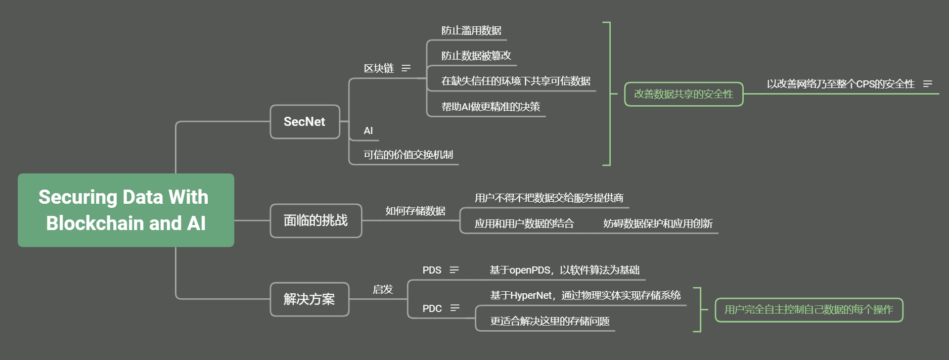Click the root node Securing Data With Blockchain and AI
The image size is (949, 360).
126,210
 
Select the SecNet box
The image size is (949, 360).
304,122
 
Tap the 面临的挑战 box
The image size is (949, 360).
315,220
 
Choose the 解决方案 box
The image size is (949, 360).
309,299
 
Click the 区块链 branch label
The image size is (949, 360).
379,68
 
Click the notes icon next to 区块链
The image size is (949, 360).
406,68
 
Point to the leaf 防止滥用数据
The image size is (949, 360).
471,31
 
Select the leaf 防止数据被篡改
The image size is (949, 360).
476,56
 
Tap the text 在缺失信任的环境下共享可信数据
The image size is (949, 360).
516,81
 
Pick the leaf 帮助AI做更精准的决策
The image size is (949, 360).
490,107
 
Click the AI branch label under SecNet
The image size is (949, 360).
368,130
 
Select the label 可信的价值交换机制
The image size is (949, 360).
408,155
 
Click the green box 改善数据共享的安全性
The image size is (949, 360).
684,94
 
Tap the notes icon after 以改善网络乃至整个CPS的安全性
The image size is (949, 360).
927,84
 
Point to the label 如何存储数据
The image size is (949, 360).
415,211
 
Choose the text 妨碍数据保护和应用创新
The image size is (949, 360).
658,223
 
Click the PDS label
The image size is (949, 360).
432,270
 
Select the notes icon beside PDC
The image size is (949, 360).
455,308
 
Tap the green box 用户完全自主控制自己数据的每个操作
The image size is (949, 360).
808,309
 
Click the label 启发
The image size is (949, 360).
383,289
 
